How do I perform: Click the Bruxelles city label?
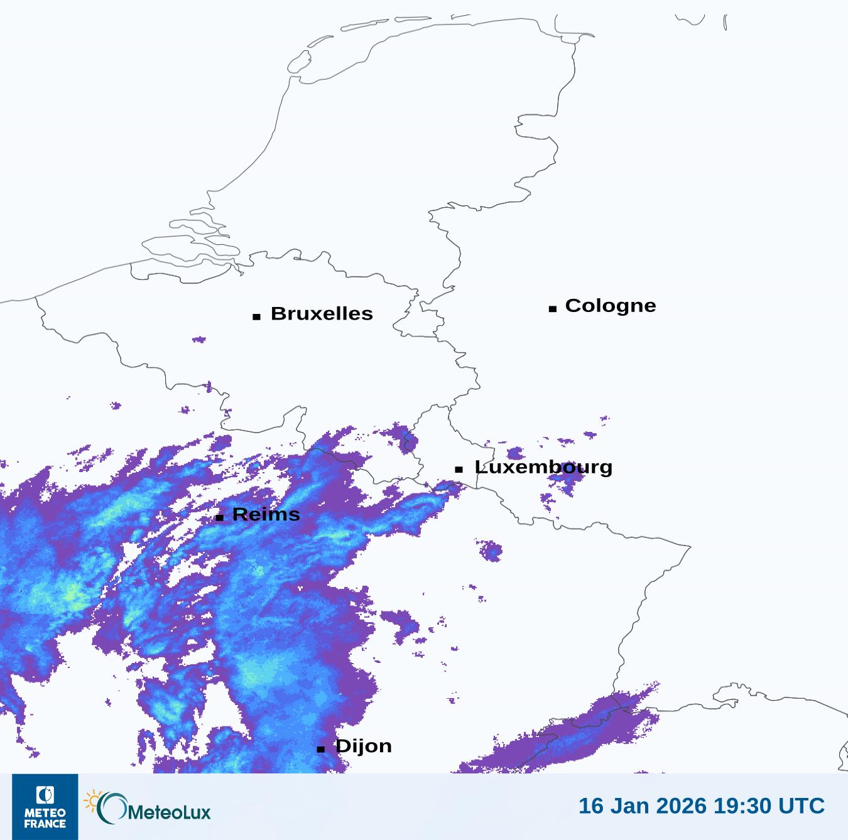pos(322,313)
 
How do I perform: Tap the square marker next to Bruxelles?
pos(256,317)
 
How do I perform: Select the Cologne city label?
pos(610,306)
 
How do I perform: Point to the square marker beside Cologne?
pos(553,309)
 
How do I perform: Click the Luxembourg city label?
pos(543,467)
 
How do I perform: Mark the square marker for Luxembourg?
pos(459,470)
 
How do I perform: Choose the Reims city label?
pos(266,515)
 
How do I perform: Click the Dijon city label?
pos(364,746)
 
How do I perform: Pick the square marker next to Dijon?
pos(321,749)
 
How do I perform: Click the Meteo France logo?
pos(45,807)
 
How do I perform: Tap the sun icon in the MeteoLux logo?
pos(92,800)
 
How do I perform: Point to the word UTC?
pos(802,805)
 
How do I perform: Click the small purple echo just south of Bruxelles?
pos(199,340)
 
